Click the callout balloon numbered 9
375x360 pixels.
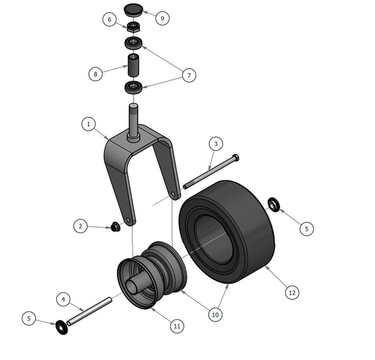(x=162, y=18)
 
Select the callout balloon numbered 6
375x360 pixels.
(x=109, y=19)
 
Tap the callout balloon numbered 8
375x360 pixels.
(x=96, y=74)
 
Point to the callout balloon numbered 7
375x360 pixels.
(x=189, y=76)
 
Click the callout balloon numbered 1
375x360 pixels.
(x=89, y=124)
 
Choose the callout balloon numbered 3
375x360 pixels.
(x=216, y=144)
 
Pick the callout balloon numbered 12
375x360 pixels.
(x=292, y=292)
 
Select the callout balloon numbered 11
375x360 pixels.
(x=177, y=326)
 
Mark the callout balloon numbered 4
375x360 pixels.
(x=63, y=299)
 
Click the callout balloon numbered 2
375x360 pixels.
(x=81, y=226)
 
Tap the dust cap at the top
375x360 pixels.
(x=134, y=10)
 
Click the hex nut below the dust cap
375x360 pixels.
(x=132, y=27)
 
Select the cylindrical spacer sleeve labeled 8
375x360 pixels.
(x=133, y=65)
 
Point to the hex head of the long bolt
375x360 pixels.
(x=236, y=157)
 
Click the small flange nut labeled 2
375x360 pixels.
(x=116, y=226)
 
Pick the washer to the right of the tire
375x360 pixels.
(x=274, y=204)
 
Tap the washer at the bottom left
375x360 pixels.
(x=62, y=327)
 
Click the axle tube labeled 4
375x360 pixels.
(x=89, y=311)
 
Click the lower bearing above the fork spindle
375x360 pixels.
(x=134, y=87)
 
